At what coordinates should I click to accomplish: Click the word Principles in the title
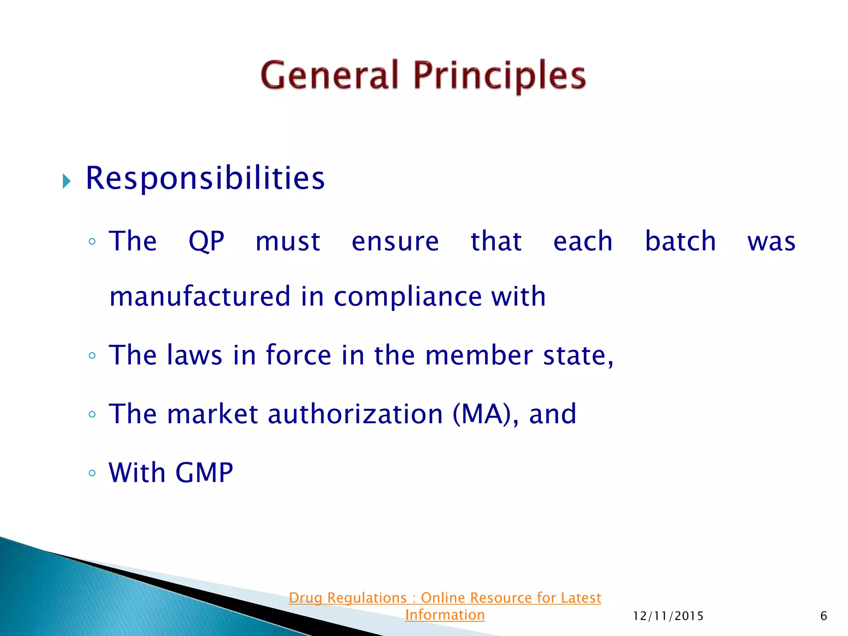point(500,76)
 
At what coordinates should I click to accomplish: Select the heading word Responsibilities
point(205,178)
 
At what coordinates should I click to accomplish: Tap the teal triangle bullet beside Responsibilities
point(66,181)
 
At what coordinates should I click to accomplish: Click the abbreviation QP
point(206,241)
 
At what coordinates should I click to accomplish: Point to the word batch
point(680,241)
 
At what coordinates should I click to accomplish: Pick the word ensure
point(395,242)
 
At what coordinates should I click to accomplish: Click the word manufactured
point(200,296)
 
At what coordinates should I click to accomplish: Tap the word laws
point(194,355)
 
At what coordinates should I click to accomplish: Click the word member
point(479,355)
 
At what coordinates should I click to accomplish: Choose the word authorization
point(356,414)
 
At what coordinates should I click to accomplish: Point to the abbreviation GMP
point(204,472)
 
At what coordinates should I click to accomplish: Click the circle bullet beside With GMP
point(92,473)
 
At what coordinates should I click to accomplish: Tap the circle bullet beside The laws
point(92,355)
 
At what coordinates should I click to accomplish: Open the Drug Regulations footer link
point(445,598)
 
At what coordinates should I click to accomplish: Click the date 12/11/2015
point(668,616)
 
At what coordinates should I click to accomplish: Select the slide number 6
point(824,616)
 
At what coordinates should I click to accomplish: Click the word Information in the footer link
point(445,615)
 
